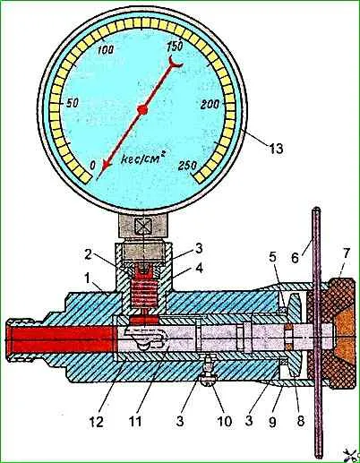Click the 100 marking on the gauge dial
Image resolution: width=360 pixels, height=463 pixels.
(106, 49)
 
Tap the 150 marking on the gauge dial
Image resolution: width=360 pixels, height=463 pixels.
(175, 47)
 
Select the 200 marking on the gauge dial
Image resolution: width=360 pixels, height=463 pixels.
(210, 105)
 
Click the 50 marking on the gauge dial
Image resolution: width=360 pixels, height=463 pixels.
(72, 103)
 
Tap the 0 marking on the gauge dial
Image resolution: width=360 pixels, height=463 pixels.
(93, 165)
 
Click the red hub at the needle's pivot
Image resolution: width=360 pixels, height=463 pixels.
(142, 110)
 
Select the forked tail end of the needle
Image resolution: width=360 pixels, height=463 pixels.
(175, 62)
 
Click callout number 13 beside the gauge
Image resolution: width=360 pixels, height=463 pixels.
(275, 148)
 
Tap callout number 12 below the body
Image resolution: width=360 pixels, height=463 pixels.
(97, 422)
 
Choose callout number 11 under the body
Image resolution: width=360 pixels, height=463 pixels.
(135, 422)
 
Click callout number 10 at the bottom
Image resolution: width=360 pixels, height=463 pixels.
(224, 421)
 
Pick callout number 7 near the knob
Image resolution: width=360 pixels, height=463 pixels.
(346, 253)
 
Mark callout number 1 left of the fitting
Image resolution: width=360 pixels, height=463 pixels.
(88, 279)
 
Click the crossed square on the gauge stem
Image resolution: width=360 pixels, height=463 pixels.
(143, 225)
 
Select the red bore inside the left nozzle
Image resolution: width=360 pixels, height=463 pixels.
(61, 339)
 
